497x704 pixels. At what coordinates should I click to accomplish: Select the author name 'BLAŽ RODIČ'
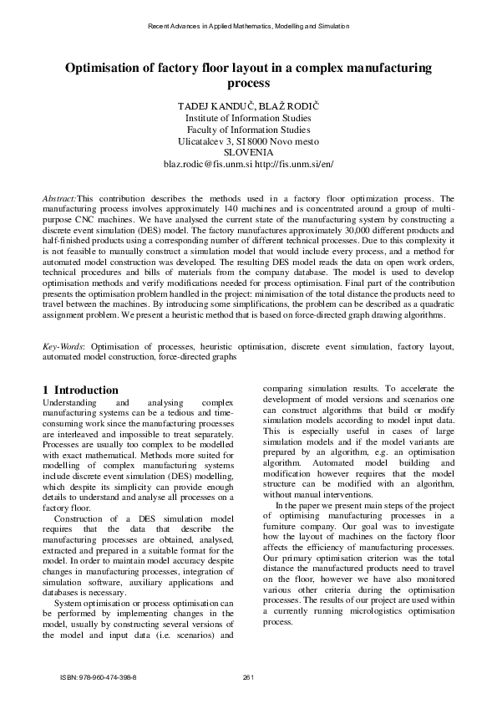[287, 108]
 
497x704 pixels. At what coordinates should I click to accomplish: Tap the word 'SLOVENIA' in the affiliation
[248, 153]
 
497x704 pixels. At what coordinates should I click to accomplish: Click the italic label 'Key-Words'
[63, 345]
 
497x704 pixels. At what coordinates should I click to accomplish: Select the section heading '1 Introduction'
[80, 390]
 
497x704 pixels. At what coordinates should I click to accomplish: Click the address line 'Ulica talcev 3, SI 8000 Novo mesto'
[248, 142]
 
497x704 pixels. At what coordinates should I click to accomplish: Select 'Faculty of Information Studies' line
[248, 130]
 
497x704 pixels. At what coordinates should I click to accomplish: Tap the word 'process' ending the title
[248, 84]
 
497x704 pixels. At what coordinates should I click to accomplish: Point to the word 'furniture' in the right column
[283, 530]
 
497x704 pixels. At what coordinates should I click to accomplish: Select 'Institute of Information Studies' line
[248, 120]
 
